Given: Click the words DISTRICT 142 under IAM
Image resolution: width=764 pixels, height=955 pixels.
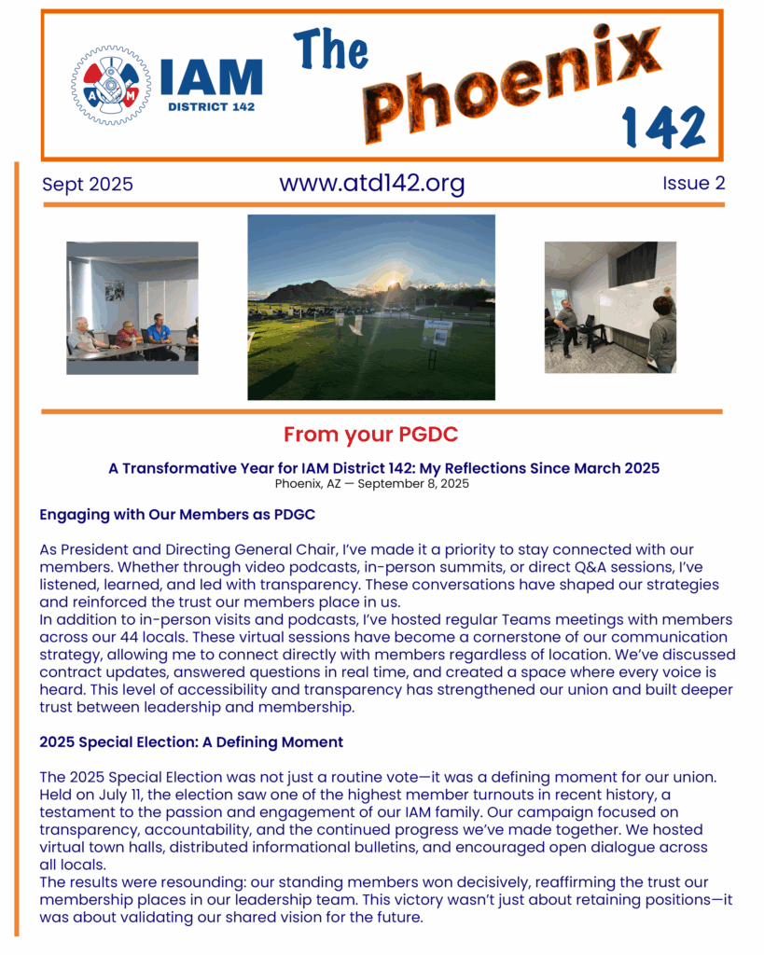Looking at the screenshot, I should pyautogui.click(x=212, y=106).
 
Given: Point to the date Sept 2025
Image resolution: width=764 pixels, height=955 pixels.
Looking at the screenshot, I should pyautogui.click(x=88, y=185).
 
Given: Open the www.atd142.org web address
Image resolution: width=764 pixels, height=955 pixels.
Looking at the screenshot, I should pyautogui.click(x=371, y=183).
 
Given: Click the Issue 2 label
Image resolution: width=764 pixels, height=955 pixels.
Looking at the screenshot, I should pyautogui.click(x=693, y=184).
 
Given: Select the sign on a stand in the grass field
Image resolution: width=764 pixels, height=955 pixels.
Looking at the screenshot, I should pyautogui.click(x=437, y=332).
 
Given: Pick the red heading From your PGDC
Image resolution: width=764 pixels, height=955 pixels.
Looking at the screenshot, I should pyautogui.click(x=370, y=436).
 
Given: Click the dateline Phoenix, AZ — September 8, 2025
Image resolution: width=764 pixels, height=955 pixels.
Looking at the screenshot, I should pyautogui.click(x=371, y=484).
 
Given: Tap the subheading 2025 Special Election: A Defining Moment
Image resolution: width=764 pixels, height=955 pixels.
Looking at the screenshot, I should pyautogui.click(x=191, y=742).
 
